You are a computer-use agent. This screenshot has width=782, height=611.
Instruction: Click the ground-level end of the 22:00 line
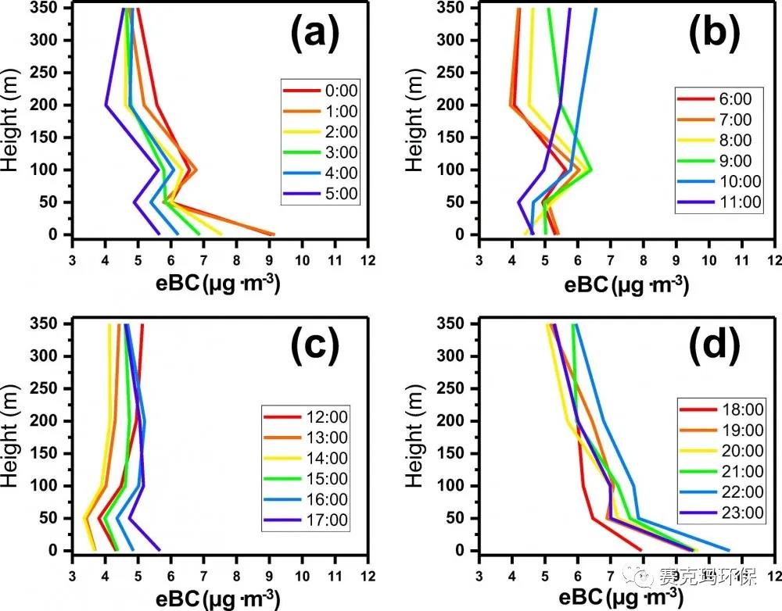pyautogui.click(x=729, y=550)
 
